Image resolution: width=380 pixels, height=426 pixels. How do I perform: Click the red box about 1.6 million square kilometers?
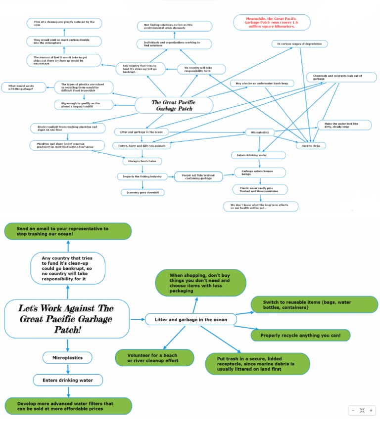[272, 22]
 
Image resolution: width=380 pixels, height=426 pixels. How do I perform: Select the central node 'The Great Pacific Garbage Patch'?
[174, 105]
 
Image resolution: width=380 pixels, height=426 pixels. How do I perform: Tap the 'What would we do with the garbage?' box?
[24, 87]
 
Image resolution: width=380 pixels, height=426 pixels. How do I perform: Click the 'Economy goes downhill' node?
[142, 193]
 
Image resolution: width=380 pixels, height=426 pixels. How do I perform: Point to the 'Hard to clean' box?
[311, 146]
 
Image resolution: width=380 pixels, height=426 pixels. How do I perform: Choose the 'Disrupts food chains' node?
[142, 161]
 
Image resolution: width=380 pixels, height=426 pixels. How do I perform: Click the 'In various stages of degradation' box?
[299, 44]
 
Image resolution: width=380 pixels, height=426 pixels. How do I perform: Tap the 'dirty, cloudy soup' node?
[344, 125]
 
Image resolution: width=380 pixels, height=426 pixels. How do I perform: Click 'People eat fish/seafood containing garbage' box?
[196, 176]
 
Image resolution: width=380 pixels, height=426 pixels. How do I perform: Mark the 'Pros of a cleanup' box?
[64, 23]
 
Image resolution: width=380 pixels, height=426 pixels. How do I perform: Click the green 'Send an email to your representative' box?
[68, 231]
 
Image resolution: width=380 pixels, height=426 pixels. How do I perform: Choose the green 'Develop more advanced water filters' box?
[69, 406]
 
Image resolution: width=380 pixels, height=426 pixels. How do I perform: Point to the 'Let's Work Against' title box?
[66, 319]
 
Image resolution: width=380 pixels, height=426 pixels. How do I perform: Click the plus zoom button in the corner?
[371, 410]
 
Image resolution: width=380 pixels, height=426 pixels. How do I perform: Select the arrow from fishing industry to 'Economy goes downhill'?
[142, 185]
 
